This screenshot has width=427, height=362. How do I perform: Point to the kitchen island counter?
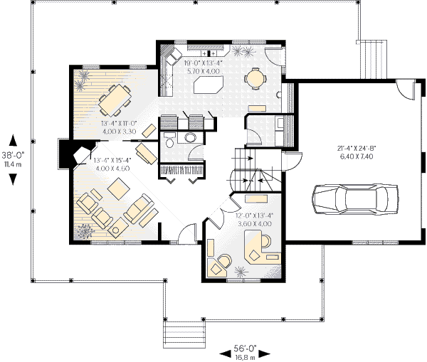click(x=205, y=85)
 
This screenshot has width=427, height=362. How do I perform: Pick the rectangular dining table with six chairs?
click(x=112, y=100)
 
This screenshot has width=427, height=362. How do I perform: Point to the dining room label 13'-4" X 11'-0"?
click(x=120, y=127)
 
